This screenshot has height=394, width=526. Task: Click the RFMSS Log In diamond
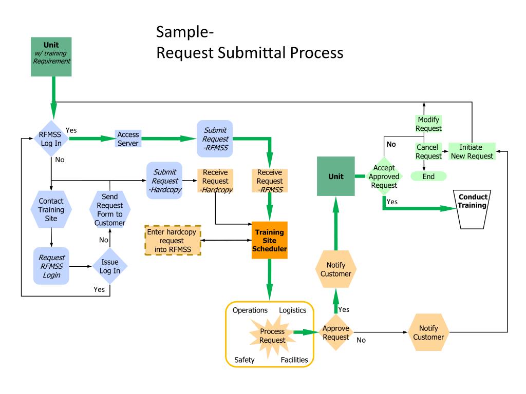51,139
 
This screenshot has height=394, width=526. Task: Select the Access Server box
128,139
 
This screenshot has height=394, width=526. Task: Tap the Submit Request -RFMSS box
215,139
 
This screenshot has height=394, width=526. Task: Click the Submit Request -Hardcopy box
164,181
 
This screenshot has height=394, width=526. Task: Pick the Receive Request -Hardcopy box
215,181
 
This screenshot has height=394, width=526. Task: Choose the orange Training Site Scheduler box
269,240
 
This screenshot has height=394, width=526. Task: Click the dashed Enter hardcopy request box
173,240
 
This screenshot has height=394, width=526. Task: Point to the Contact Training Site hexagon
51,210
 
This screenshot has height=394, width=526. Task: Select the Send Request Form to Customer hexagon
110,210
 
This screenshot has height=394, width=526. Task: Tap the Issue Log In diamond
110,266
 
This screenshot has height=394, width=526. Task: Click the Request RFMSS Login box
51,266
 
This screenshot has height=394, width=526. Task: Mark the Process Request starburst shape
272,336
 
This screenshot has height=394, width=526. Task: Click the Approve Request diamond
336,332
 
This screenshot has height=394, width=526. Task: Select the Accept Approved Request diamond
384,176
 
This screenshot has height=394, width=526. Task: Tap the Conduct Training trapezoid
472,209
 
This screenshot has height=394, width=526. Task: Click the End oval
428,176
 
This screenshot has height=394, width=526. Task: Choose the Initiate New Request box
472,151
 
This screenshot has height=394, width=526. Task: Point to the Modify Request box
428,124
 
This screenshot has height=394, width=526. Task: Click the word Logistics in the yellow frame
292,310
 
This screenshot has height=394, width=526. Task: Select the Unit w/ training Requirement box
51,56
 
